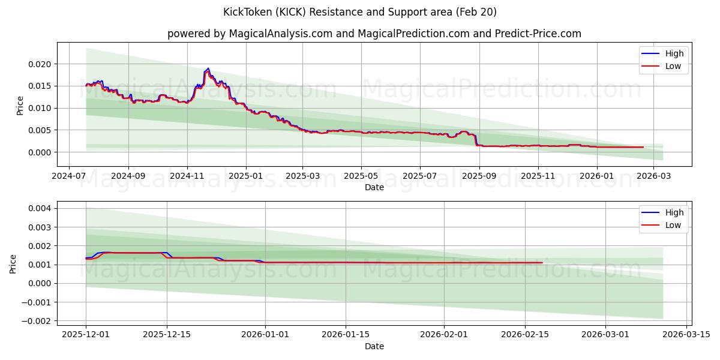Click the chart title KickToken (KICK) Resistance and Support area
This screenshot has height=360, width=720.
click(360, 12)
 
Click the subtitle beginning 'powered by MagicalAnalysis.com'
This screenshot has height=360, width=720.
click(374, 34)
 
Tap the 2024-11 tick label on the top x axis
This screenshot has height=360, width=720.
click(187, 177)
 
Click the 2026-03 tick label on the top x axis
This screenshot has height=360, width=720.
click(655, 177)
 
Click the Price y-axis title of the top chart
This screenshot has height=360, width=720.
click(20, 105)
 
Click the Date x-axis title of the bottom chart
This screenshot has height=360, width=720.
click(374, 346)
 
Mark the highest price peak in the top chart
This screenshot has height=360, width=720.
click(208, 68)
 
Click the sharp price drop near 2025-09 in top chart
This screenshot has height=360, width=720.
click(476, 140)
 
